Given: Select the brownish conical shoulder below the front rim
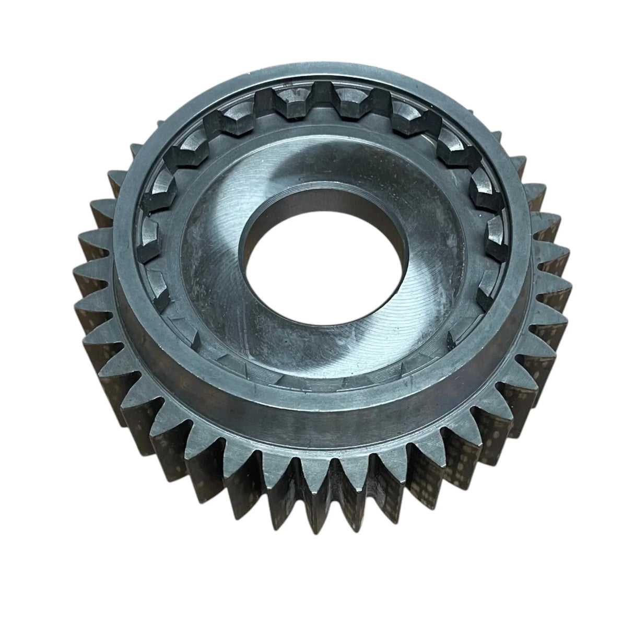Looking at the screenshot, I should pyautogui.click(x=313, y=413).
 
